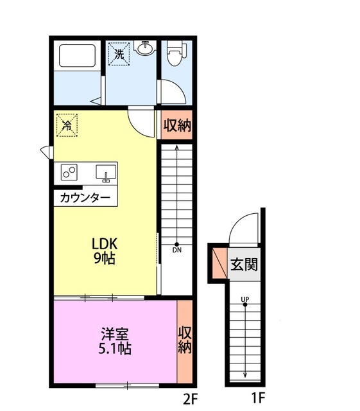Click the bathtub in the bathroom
pos(77,57)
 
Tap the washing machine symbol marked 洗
pos(119,54)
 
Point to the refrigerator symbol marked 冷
pos(66,125)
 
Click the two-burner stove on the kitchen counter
pos(69,172)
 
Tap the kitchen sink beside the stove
pos(106,173)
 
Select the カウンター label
pos(85,198)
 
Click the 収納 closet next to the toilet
pos(176,125)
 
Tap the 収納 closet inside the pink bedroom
pos(184,340)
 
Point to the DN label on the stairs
pos(176,251)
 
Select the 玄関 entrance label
pos(244,264)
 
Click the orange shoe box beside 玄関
pos(219,263)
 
